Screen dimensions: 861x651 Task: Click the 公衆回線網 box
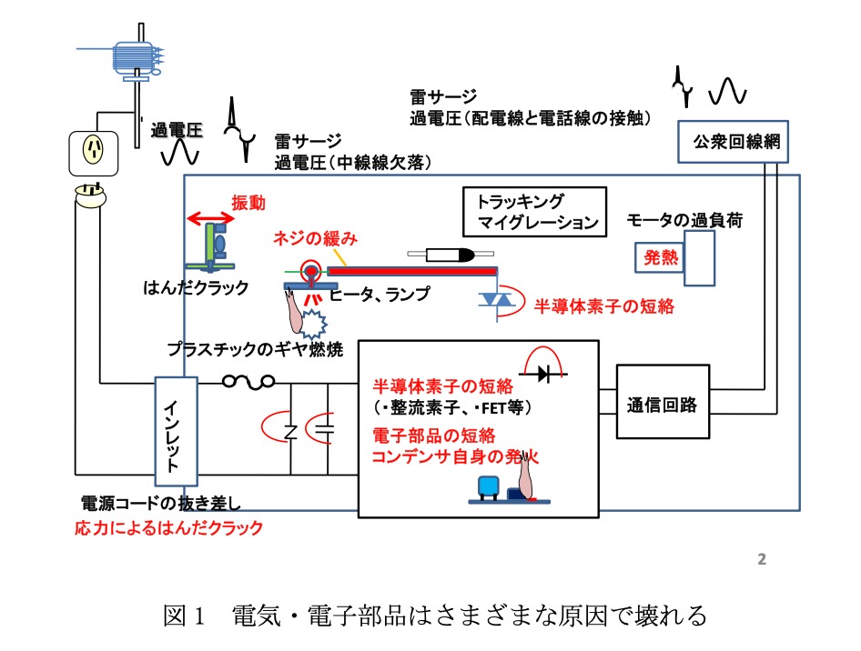[733, 142]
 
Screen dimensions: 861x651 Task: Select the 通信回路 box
[663, 402]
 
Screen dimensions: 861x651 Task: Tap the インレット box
[176, 431]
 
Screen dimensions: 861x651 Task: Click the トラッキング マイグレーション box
[534, 212]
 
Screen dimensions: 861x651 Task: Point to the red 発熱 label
[660, 257]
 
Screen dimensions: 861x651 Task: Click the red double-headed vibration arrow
[210, 218]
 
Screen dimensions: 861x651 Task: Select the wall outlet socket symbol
[94, 154]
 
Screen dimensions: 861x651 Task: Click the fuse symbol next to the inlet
[248, 381]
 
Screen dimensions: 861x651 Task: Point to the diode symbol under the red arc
[543, 374]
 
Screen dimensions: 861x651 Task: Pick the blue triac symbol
[496, 300]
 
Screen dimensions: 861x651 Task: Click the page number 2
[762, 559]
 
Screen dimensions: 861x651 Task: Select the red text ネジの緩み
[315, 238]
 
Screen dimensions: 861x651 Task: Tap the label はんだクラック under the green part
[196, 287]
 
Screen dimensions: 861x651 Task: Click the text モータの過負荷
[684, 220]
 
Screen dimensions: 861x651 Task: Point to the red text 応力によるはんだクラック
[168, 527]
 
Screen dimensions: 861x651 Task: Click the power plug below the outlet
[91, 195]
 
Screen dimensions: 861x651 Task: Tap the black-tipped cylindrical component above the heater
[451, 255]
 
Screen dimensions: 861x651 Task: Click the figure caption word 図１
[184, 616]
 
